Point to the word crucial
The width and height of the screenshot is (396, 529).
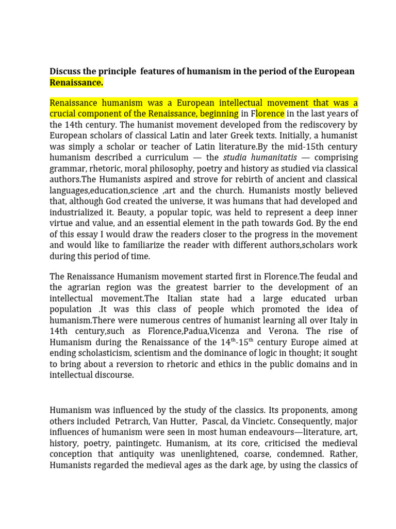(64, 113)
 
